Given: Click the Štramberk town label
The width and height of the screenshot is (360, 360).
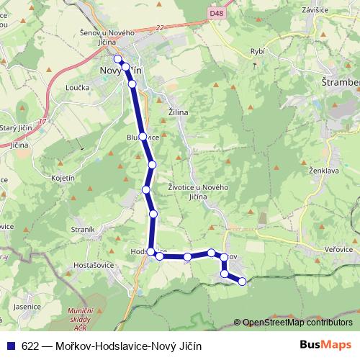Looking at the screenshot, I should coord(340,83).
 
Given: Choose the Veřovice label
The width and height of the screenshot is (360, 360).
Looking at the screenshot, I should coord(338,248).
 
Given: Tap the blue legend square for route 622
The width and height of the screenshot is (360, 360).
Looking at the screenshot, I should coord(12,345).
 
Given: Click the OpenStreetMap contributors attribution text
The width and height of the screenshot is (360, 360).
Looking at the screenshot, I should coord(297,322).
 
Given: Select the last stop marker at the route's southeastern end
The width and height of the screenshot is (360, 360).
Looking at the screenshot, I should coord(242,281).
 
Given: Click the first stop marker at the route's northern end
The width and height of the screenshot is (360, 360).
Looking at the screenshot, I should coord(118,59).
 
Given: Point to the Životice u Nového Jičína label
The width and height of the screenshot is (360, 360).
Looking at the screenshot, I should coord(198,192).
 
